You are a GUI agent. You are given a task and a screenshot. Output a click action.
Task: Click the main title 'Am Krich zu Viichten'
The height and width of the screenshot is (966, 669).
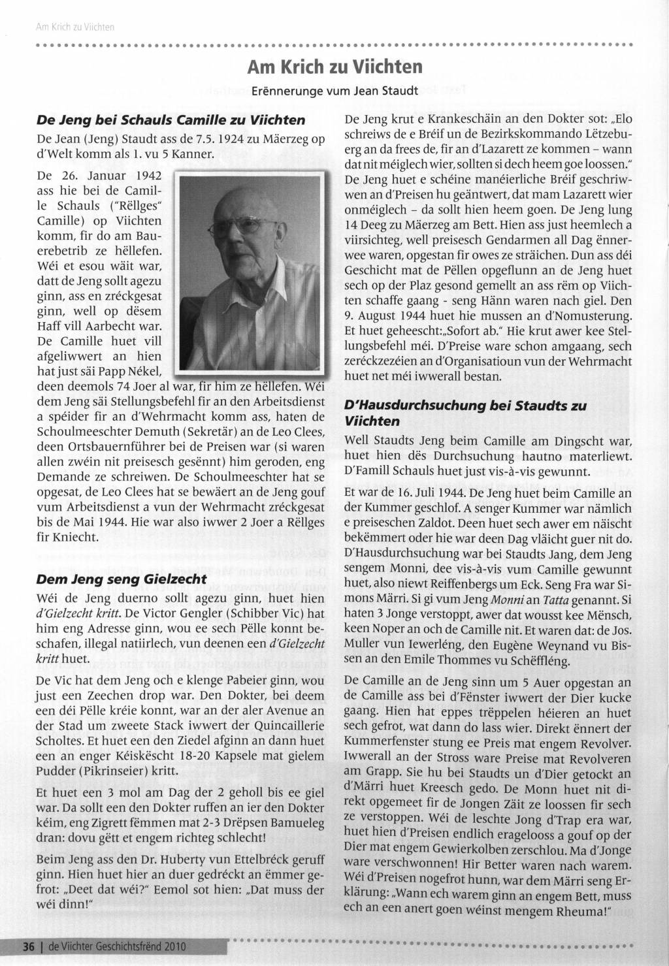click(x=334, y=67)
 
